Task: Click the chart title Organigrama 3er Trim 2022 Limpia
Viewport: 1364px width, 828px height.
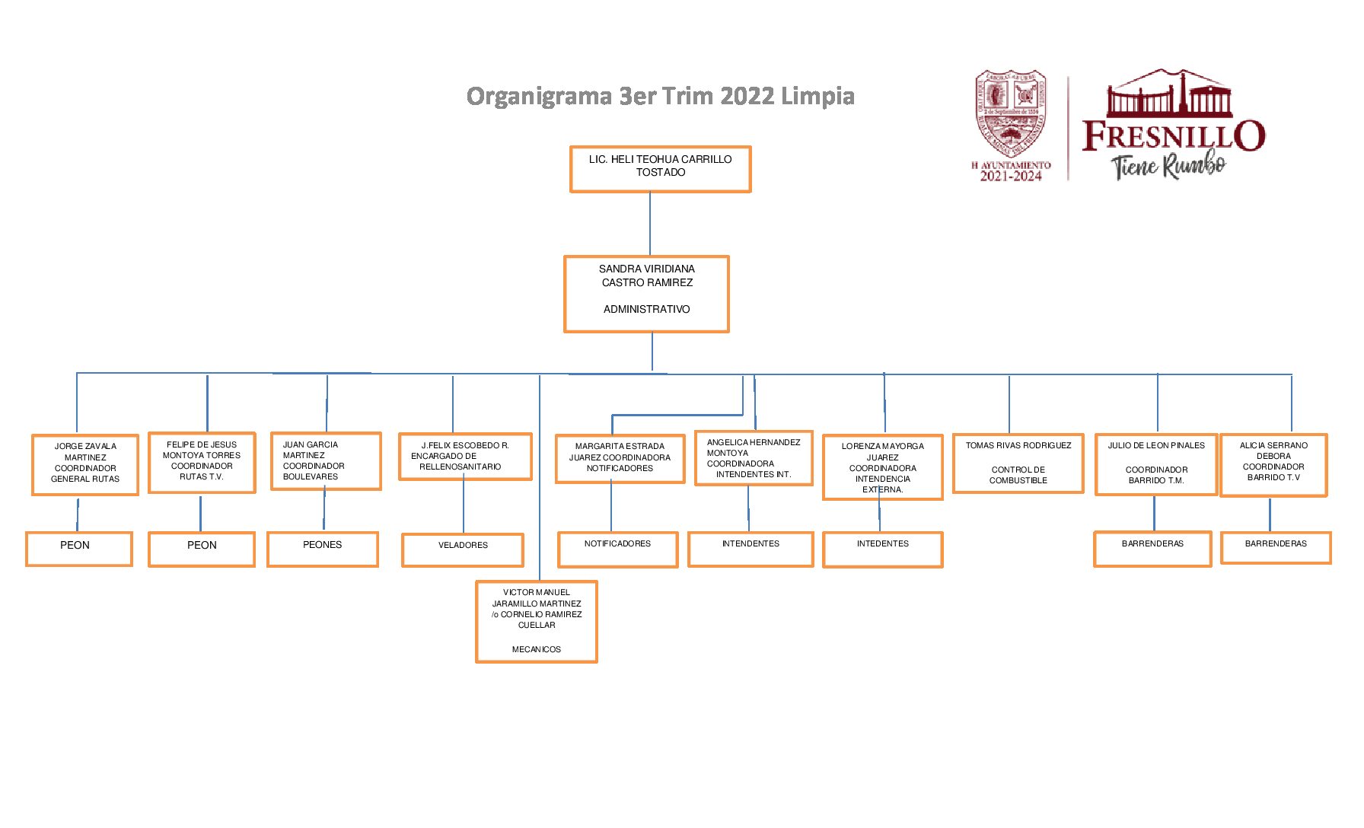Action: point(660,97)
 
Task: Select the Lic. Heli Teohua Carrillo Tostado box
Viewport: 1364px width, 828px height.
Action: point(660,168)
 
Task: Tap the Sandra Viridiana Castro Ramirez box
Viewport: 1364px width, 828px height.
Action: point(646,293)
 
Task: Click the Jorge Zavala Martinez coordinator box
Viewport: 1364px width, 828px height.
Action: point(85,464)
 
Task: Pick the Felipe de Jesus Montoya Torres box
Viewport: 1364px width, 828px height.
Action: point(202,462)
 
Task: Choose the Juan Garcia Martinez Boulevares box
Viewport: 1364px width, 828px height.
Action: point(326,461)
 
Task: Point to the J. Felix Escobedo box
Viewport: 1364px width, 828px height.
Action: point(464,457)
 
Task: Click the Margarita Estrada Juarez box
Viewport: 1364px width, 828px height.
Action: point(620,458)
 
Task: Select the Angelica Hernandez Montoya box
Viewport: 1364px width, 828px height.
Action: point(754,458)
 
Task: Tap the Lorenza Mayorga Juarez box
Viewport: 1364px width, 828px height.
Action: point(882,467)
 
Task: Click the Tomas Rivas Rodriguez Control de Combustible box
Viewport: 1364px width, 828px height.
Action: point(1018,463)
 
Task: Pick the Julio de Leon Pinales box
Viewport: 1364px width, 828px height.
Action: point(1155,463)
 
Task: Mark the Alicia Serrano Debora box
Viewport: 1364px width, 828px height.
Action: point(1273,464)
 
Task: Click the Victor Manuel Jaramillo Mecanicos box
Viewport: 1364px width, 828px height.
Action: point(536,621)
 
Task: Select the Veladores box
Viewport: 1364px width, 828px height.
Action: point(463,549)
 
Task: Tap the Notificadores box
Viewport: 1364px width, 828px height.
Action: point(617,549)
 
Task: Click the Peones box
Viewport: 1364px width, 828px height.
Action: point(323,548)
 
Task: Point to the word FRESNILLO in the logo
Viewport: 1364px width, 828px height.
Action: point(1173,136)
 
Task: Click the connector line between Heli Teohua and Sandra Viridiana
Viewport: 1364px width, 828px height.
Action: point(650,224)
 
